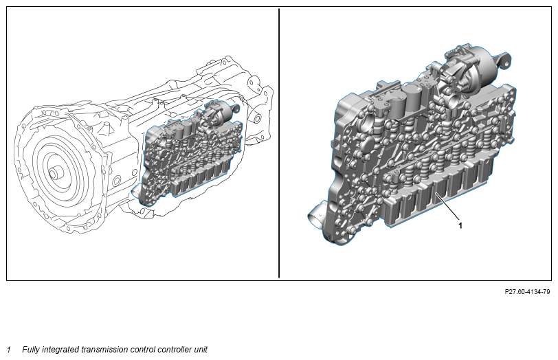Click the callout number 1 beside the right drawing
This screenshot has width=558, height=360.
point(460,225)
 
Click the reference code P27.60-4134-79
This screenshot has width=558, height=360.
point(527,292)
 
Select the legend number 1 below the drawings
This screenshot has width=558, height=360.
point(9,350)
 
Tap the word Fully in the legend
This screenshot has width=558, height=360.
point(31,350)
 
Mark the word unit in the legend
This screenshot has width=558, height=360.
point(201,350)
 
